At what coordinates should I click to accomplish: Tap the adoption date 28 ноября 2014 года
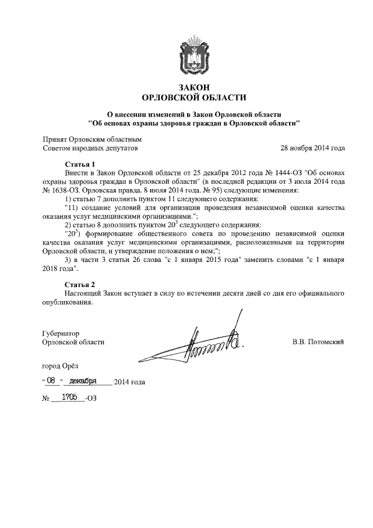pyautogui.click(x=312, y=148)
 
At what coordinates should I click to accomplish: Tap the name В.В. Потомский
pyautogui.click(x=318, y=341)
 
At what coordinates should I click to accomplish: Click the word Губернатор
pyautogui.click(x=61, y=333)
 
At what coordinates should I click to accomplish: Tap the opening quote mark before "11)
pyautogui.click(x=64, y=208)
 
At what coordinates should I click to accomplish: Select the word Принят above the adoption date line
pyautogui.click(x=55, y=139)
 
